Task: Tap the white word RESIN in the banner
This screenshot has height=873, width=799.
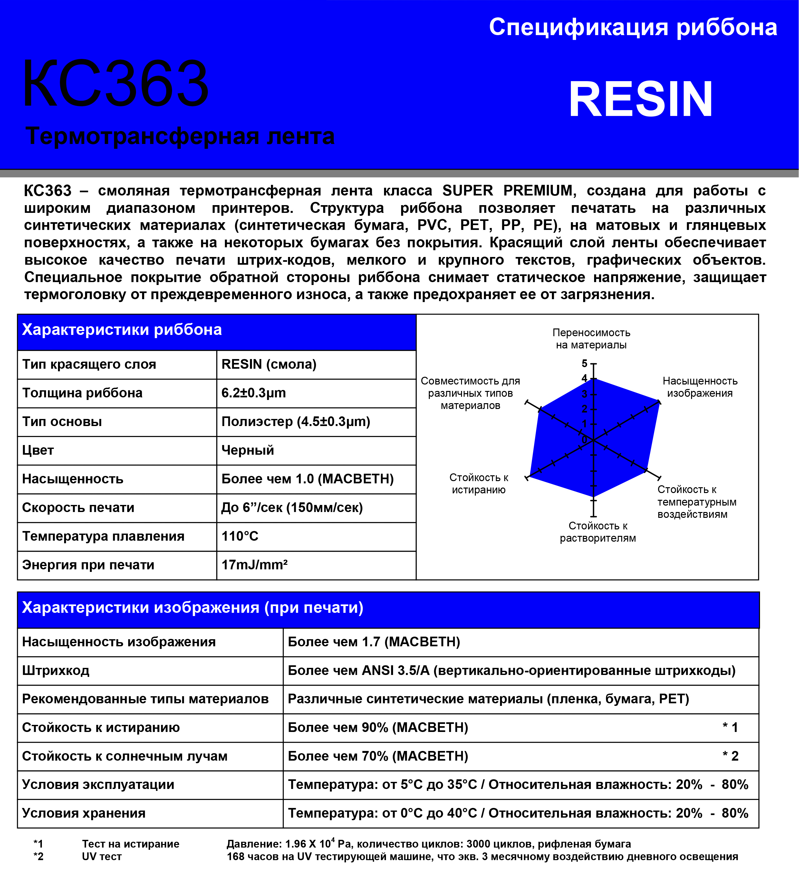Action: pos(640,100)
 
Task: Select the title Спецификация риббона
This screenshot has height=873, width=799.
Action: pos(633,27)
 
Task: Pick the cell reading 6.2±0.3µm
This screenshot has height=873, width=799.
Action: pos(254,393)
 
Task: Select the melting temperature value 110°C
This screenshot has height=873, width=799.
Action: pos(240,536)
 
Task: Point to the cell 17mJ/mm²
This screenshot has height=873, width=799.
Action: pos(254,565)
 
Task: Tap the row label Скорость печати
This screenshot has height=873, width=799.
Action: pos(78,508)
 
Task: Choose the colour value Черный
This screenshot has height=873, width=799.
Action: pos(247,451)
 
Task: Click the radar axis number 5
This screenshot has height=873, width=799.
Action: pos(584,363)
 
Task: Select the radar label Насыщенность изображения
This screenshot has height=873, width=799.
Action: pos(700,387)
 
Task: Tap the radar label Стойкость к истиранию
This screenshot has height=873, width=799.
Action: pos(478,484)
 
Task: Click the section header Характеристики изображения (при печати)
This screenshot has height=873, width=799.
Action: pos(192,608)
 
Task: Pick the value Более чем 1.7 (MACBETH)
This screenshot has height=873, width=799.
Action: pos(373,642)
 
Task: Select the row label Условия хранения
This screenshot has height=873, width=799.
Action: pos(84,813)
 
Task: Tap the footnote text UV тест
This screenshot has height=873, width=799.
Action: pos(102,857)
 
